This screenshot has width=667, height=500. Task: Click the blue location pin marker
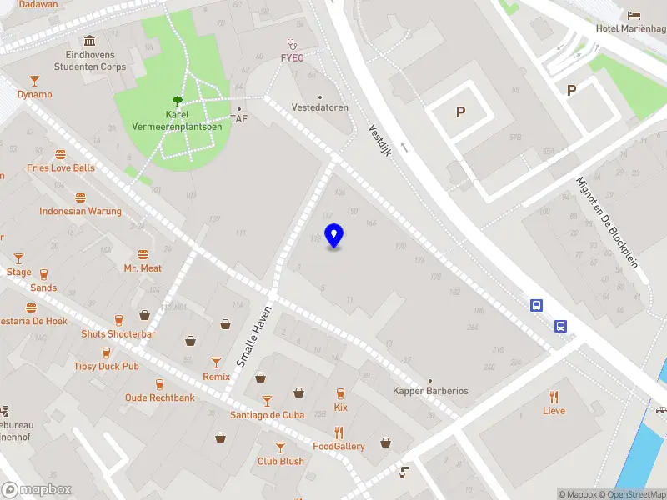tap(334, 236)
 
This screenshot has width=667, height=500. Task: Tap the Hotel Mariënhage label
tap(629, 28)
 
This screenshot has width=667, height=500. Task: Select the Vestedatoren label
tap(320, 108)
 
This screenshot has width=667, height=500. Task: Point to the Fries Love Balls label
tap(61, 167)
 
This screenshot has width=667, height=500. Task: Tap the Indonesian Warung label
tap(80, 211)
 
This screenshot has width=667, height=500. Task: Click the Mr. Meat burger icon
tap(143, 254)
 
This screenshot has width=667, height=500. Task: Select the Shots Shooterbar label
tap(118, 334)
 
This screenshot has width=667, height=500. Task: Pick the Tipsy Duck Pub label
tap(107, 366)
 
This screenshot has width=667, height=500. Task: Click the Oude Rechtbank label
tap(160, 397)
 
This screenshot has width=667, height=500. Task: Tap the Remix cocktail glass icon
tap(216, 362)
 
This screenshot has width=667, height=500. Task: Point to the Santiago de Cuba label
tap(267, 415)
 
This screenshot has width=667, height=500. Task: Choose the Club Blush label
tap(280, 461)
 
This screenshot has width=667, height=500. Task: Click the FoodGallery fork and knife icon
tap(339, 432)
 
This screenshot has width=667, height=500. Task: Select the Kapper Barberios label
tap(430, 391)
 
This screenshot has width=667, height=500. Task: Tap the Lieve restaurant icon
tap(554, 396)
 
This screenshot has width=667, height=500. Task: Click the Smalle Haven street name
tap(253, 337)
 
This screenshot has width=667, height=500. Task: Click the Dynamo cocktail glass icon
tap(34, 81)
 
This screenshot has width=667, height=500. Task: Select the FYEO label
tap(292, 58)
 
